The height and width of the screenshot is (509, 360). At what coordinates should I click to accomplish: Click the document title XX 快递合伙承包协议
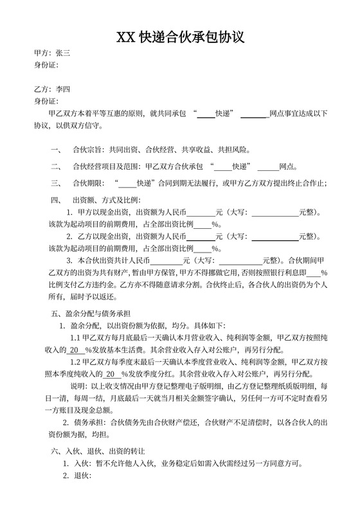(180, 37)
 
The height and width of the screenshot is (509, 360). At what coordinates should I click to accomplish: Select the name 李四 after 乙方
(64, 89)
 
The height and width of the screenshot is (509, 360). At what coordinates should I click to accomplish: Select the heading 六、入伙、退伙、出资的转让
(98, 452)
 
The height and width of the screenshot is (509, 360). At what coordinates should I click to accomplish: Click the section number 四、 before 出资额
(56, 199)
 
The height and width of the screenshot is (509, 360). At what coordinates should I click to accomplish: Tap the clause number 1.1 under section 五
(75, 337)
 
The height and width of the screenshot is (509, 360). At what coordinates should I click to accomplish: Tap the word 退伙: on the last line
(84, 476)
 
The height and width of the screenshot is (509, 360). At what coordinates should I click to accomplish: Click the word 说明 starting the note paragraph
(76, 386)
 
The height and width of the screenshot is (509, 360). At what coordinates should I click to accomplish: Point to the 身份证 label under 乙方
(46, 102)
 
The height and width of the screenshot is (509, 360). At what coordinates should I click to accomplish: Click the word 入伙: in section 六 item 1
(84, 464)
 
